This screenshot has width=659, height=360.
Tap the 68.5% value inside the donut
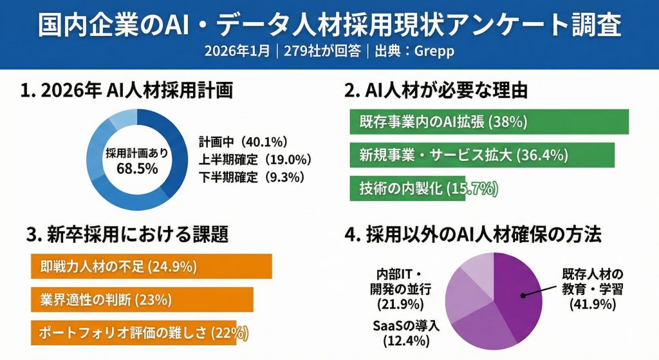tap(138, 169)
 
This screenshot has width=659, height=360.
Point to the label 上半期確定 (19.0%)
tap(255, 159)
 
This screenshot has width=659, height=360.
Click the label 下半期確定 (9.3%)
tap(251, 176)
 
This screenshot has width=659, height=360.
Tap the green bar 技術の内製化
tap(407, 188)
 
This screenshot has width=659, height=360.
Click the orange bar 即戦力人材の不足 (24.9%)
tap(151, 266)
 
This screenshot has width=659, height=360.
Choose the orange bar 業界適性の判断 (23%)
tap(142, 299)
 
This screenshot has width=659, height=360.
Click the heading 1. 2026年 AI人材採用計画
tap(126, 91)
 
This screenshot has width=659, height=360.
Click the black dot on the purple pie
tap(524, 296)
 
